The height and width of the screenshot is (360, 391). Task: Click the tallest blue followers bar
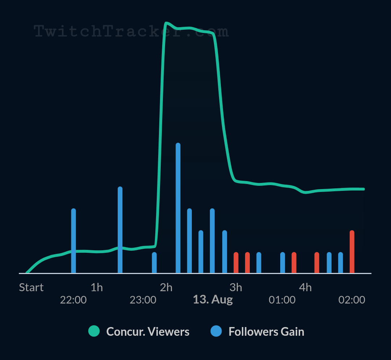point(178,208)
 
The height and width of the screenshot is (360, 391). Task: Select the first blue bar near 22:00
point(73,241)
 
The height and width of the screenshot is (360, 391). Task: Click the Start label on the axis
point(31,288)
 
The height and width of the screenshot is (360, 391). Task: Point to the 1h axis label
point(97,288)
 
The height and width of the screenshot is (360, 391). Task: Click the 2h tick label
point(166,288)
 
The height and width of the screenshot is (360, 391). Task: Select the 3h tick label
point(236,288)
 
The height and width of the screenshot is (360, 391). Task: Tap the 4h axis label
point(305,288)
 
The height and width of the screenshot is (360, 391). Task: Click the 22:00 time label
point(73,300)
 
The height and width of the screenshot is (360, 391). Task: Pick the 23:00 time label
point(143,300)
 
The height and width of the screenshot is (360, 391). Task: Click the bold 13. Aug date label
point(213,300)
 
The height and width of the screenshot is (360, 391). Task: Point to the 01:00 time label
point(282,300)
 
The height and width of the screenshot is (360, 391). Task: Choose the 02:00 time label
point(352,300)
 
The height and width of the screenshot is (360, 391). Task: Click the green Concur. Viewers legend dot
point(94,331)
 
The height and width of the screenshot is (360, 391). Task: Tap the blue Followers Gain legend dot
point(216,331)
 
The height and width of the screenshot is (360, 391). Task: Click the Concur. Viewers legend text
point(148,331)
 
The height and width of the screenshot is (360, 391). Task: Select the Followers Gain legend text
point(266,331)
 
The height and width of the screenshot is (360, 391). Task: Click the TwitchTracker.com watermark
point(131,32)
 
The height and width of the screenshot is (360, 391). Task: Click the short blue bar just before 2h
point(154,263)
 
